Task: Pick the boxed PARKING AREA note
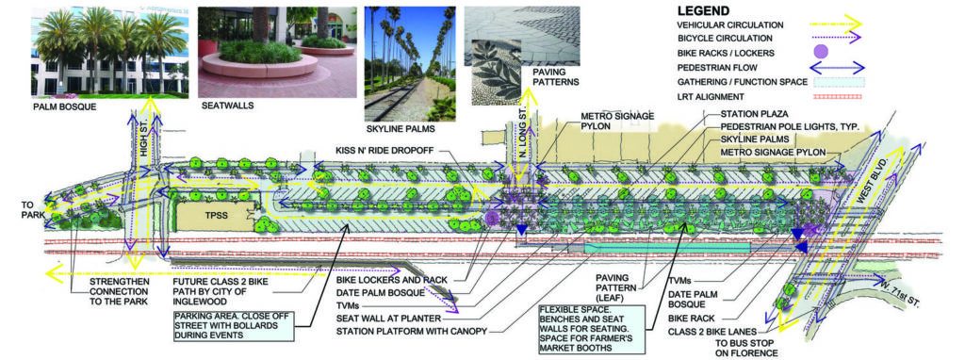[230, 324]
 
